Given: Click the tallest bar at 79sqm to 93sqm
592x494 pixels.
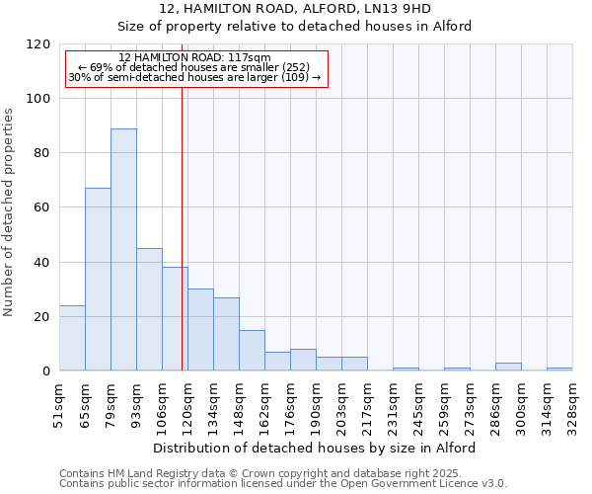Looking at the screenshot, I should pyautogui.click(x=123, y=250).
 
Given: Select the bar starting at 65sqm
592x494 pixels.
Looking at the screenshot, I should pyautogui.click(x=98, y=280).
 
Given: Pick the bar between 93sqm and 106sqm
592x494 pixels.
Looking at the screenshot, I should pyautogui.click(x=149, y=309).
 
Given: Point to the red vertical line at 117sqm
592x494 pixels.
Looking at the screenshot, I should pyautogui.click(x=183, y=227).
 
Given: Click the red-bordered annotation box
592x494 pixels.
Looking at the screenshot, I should pyautogui.click(x=195, y=68).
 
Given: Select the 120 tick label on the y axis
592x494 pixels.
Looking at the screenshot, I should pyautogui.click(x=39, y=44).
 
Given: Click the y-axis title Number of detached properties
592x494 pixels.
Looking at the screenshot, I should pyautogui.click(x=10, y=212).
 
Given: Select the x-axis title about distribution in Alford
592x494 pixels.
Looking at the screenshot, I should pyautogui.click(x=316, y=448).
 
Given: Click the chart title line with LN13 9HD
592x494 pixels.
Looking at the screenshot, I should pyautogui.click(x=295, y=8).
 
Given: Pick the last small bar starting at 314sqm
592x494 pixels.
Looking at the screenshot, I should pyautogui.click(x=559, y=369).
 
